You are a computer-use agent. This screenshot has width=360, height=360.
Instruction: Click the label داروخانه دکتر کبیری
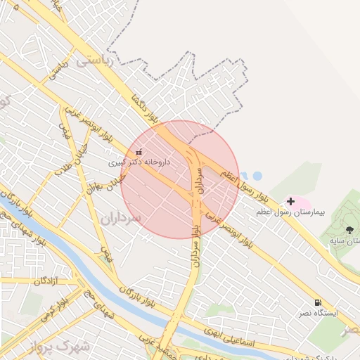pos(139,162)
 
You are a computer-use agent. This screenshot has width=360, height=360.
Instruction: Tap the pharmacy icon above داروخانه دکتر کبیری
pos(139,152)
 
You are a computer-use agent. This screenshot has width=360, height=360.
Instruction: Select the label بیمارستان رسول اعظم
pos(289,212)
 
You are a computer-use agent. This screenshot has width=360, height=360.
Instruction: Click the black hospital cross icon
pos(290,202)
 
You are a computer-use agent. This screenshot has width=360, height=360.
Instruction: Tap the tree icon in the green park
pos(349,230)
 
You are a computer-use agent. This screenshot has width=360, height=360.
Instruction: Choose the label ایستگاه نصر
pos(320,312)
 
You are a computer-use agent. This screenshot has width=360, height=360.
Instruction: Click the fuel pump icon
pos(319,302)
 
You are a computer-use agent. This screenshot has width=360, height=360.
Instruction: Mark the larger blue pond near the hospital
pos(257,174)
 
